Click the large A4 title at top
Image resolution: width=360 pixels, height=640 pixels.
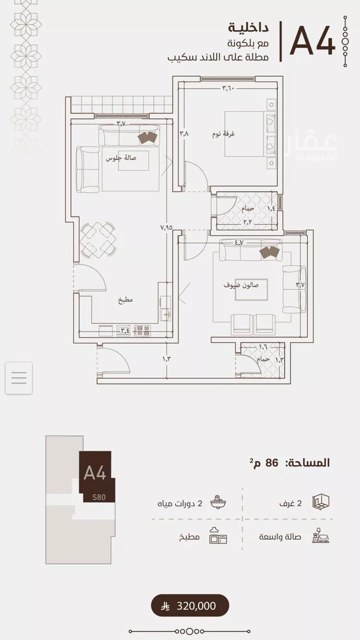click(x=312, y=41)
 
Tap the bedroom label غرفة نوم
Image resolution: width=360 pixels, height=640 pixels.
click(x=223, y=134)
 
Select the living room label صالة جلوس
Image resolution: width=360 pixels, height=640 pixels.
click(x=121, y=158)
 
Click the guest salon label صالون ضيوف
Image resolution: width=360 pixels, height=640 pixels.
click(x=241, y=285)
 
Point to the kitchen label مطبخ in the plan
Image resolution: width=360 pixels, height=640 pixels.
click(x=125, y=300)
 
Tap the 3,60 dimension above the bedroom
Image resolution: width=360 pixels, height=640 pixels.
click(x=228, y=88)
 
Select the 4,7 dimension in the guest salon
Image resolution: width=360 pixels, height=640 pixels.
click(x=239, y=242)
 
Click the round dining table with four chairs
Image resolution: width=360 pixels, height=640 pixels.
click(x=98, y=240)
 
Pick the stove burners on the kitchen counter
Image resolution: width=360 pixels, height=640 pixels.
click(x=142, y=331)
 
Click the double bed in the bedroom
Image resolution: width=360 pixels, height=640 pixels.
click(x=250, y=134)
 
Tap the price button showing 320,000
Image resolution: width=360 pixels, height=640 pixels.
click(x=190, y=606)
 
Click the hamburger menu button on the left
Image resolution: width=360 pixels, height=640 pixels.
click(x=19, y=378)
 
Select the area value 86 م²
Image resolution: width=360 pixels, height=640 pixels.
click(x=265, y=462)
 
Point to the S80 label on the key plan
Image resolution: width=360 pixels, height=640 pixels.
click(x=99, y=497)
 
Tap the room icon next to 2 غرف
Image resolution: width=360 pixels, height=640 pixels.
click(x=321, y=502)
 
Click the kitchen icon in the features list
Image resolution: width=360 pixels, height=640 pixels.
click(x=218, y=536)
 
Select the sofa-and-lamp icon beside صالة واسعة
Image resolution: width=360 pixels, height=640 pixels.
click(x=321, y=536)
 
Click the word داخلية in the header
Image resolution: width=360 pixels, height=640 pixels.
click(x=248, y=28)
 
